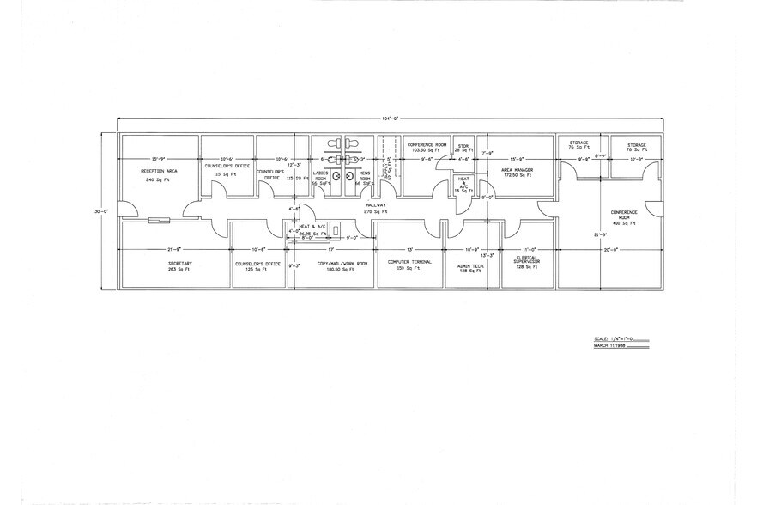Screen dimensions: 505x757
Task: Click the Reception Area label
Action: point(159,171)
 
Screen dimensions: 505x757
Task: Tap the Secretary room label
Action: point(179,262)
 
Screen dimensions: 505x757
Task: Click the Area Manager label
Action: point(518,170)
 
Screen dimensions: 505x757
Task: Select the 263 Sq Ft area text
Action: point(179,269)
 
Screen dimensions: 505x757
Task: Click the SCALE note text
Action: point(612,340)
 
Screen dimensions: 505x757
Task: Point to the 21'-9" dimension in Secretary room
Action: point(179,250)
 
